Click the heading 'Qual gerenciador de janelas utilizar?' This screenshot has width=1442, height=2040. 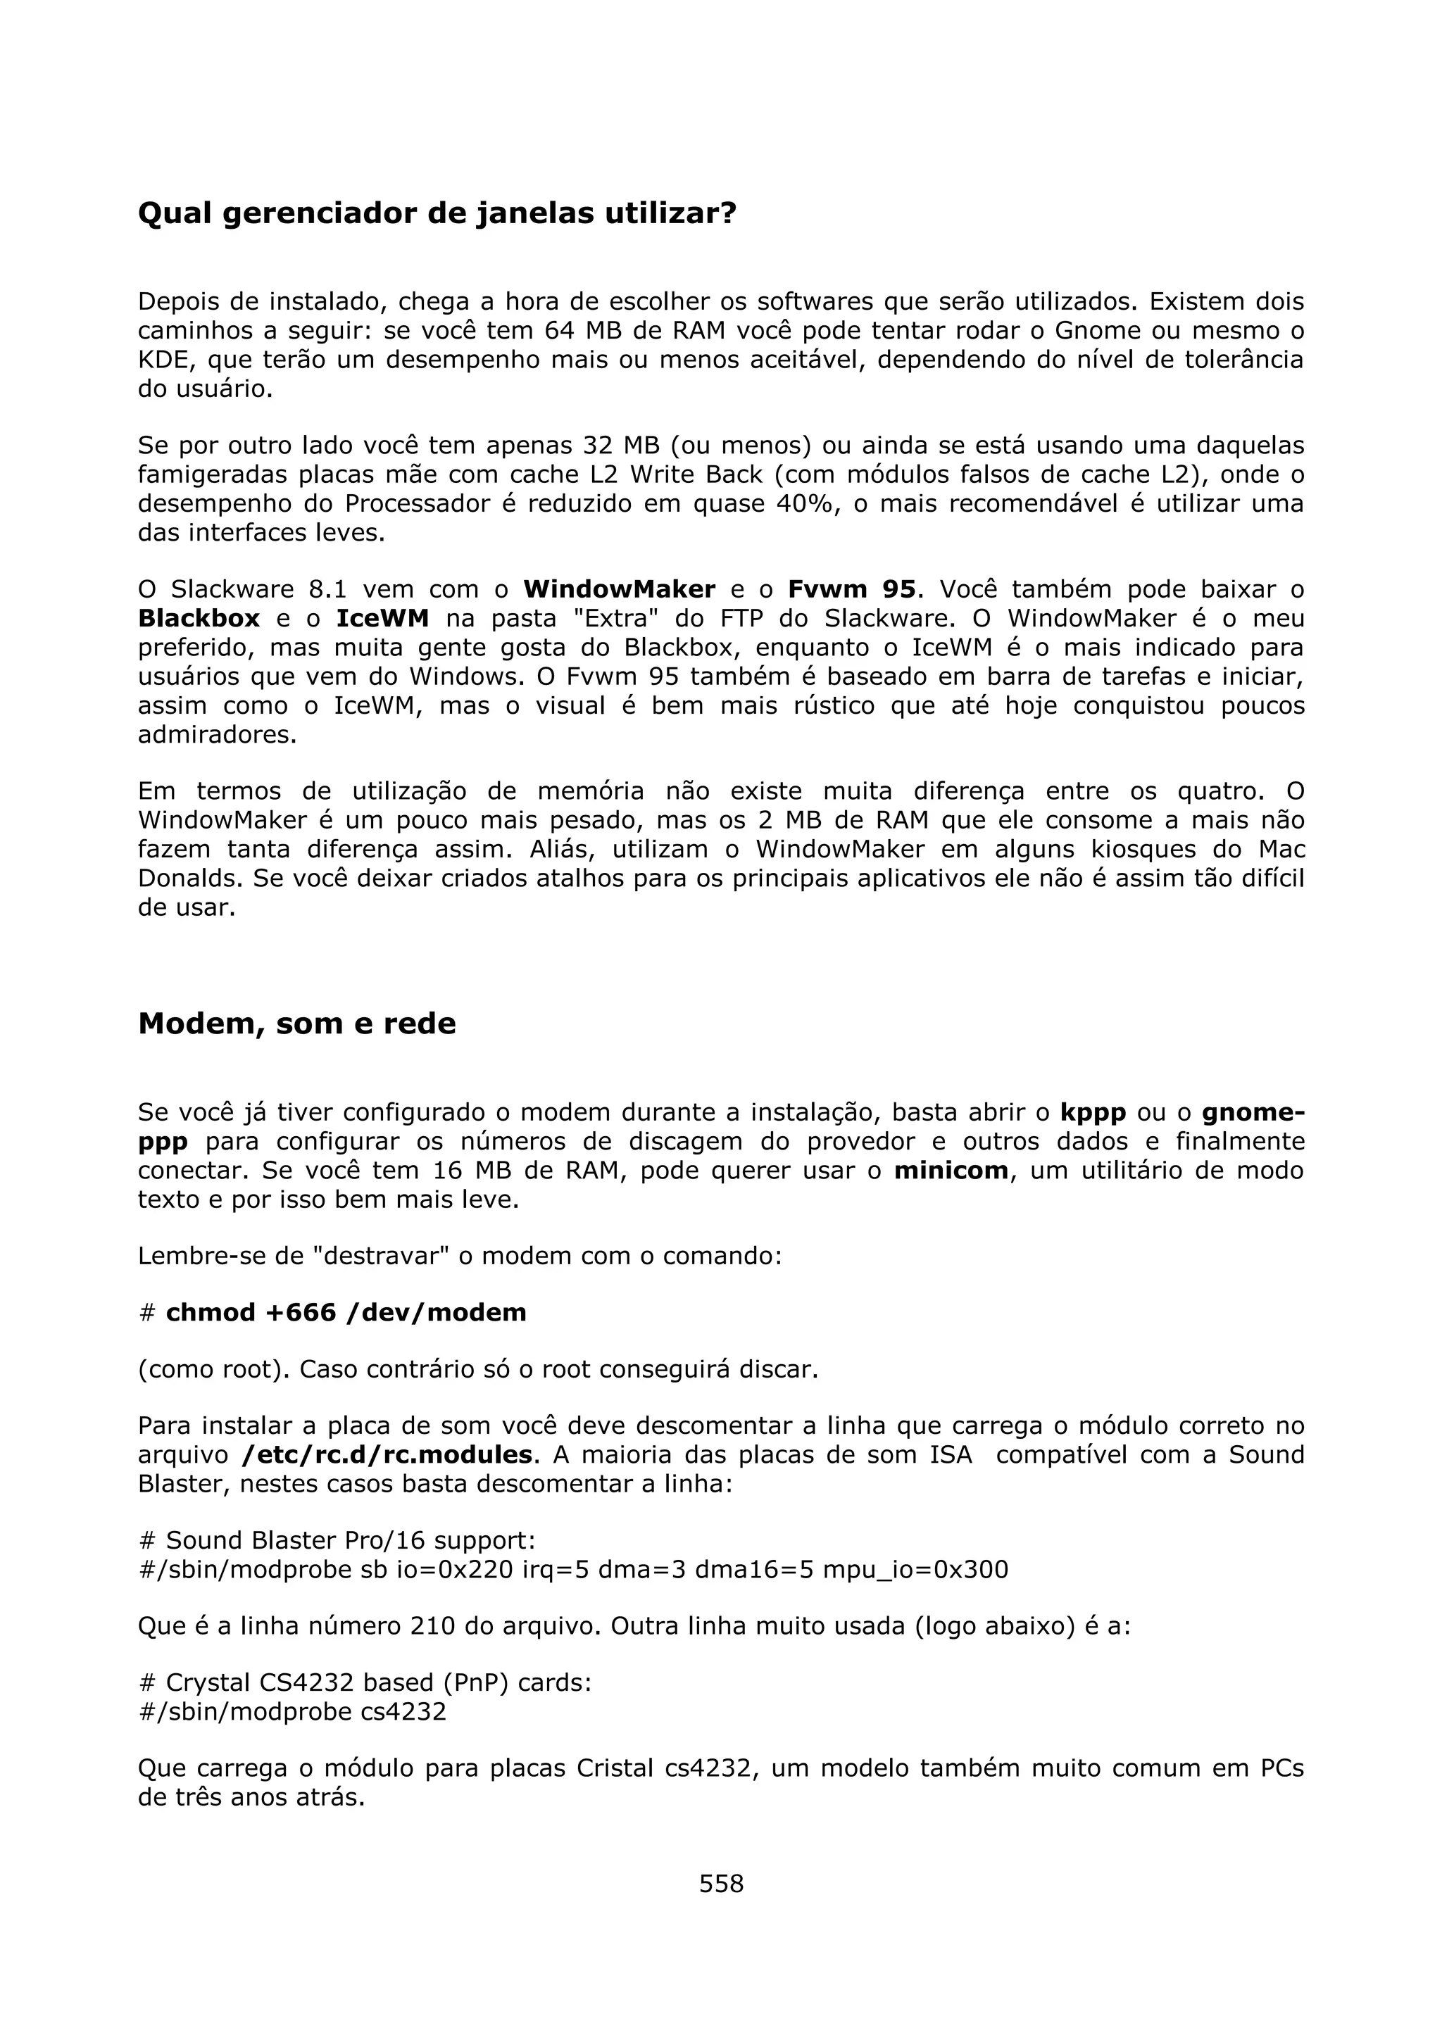[x=437, y=213]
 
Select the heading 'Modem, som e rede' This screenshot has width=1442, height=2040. [x=296, y=1024]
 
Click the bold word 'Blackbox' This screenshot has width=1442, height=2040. [x=199, y=618]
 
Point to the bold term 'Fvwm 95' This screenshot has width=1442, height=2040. [x=851, y=589]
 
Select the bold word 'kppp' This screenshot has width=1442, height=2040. [x=1093, y=1112]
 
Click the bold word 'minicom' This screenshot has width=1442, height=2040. [x=951, y=1171]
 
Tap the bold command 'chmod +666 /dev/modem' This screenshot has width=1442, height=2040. [x=346, y=1312]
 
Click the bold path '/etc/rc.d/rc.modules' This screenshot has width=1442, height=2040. [x=387, y=1454]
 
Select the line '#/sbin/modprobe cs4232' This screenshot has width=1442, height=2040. [x=293, y=1711]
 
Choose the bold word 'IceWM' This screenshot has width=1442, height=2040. [x=382, y=618]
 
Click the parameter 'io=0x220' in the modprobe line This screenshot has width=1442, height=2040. [x=455, y=1569]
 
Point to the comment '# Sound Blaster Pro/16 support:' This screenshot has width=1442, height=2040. [x=338, y=1540]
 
